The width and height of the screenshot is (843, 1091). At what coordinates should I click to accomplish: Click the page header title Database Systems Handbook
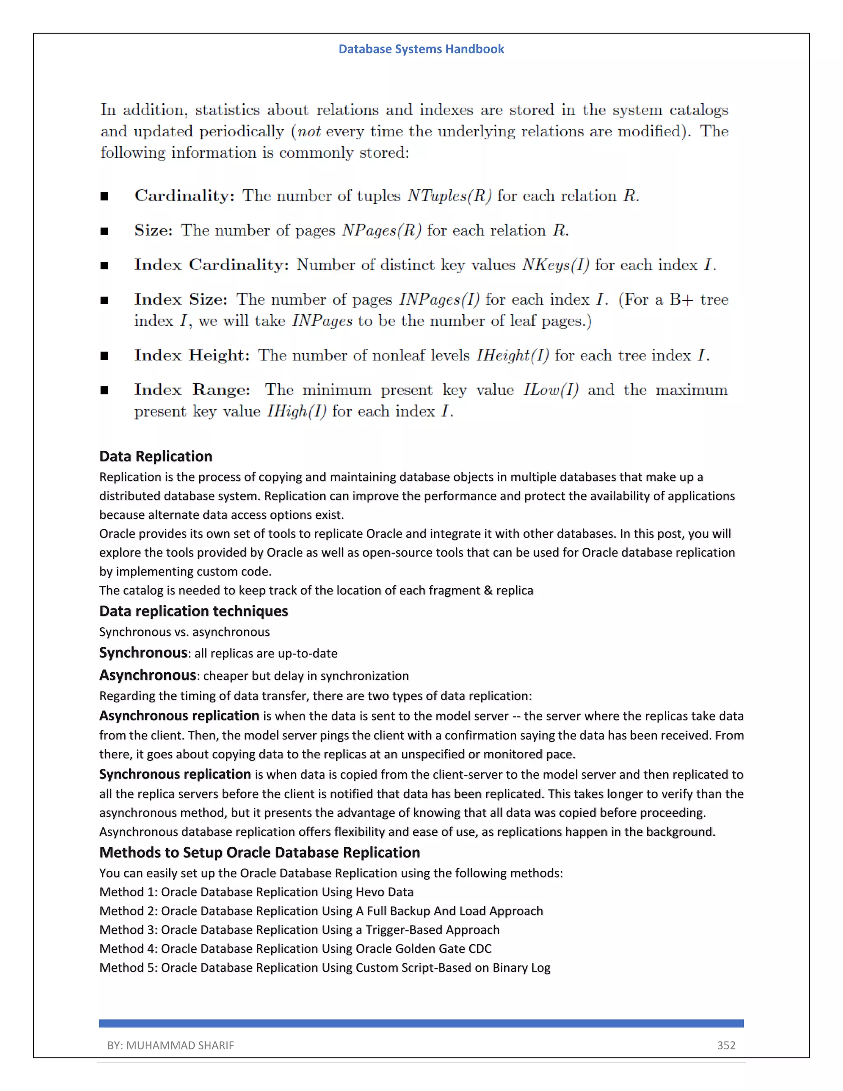pos(421,49)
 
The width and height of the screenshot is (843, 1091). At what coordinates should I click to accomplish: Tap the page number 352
pos(726,1045)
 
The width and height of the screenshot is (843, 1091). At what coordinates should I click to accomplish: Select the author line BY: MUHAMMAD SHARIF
pos(170,1045)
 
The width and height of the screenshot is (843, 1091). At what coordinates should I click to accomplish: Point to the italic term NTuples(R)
pos(449,196)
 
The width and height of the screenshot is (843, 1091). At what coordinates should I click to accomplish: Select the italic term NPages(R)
pos(382,230)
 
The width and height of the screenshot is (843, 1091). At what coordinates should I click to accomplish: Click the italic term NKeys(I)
pos(555,265)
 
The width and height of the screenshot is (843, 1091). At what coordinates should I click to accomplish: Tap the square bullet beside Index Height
pos(105,356)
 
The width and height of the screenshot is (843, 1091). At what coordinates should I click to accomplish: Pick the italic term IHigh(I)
pos(297,411)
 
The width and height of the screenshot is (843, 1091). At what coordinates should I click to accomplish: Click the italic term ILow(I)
pos(550,389)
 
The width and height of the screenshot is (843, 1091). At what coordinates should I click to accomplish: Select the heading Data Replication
pos(156,456)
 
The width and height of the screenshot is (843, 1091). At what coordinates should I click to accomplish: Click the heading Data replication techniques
pos(194,611)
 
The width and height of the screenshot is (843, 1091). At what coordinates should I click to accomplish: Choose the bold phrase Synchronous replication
pos(175,774)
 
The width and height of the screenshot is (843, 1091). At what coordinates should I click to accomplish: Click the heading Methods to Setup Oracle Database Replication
pos(260,852)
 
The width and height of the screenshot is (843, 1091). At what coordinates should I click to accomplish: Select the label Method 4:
pos(128,949)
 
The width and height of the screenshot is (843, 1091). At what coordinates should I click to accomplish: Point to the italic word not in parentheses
pos(309,131)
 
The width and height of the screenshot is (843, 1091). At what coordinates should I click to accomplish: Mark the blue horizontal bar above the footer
pos(421,1023)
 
